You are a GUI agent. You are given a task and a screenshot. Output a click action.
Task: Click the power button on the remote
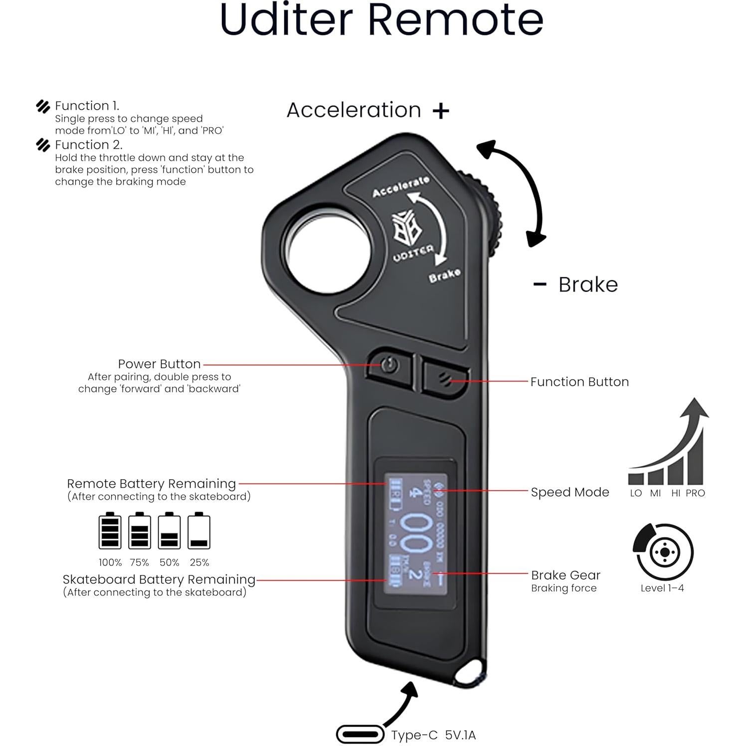coord(390,367)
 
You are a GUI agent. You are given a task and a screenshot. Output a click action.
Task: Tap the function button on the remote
coord(445,378)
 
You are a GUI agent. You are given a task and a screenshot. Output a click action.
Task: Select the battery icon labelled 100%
coord(110,532)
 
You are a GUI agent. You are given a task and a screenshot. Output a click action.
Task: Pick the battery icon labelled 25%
coord(199,532)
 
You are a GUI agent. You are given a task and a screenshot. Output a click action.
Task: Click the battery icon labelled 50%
coord(169,532)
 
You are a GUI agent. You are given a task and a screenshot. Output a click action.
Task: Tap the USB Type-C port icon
coord(360,735)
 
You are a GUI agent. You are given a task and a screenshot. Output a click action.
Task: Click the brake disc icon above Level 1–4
coord(663,552)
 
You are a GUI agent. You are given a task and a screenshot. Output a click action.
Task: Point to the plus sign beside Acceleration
coord(441,111)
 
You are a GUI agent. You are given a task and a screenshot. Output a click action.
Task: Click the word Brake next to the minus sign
coord(588,285)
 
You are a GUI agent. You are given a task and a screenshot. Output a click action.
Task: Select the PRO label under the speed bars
coord(695,493)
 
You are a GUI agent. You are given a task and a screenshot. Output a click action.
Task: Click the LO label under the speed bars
coord(636,493)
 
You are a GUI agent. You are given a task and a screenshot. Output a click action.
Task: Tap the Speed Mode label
coord(569,492)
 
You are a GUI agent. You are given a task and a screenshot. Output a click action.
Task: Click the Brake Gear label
coord(565,575)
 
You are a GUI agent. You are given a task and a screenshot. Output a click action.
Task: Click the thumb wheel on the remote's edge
coord(491,219)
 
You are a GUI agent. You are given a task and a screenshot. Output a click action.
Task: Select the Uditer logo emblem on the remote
coord(405,227)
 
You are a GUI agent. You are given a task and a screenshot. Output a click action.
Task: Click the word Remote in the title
coord(455,20)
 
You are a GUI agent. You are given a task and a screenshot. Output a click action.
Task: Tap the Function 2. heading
coord(88,145)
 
